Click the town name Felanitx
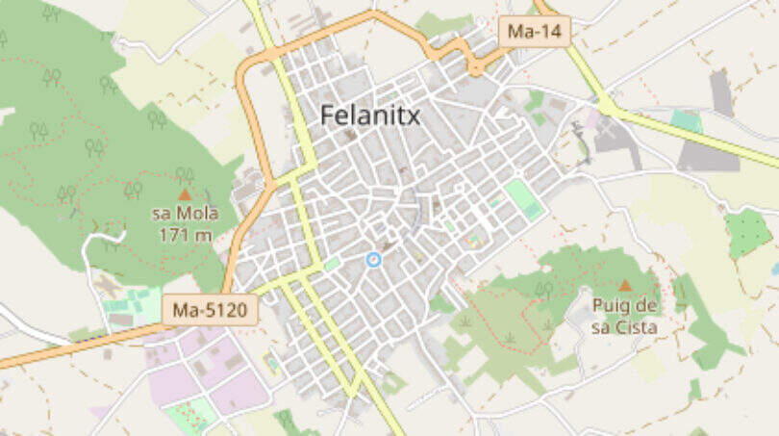[370, 115]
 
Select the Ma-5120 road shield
[210, 310]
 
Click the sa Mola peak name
[186, 213]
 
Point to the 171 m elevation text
[186, 233]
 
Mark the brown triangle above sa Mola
[186, 193]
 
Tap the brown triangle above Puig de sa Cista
[625, 285]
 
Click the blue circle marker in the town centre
[374, 259]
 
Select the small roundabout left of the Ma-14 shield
[474, 66]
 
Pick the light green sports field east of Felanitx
[523, 197]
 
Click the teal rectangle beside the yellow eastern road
[686, 120]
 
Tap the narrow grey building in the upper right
[721, 93]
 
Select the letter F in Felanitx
[327, 115]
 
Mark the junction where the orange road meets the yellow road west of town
[272, 183]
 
